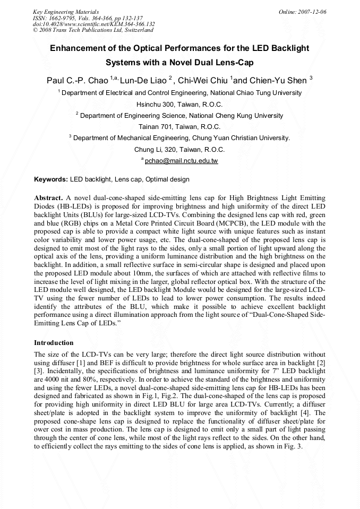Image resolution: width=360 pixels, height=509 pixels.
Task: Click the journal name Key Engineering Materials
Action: pyautogui.click(x=65, y=12)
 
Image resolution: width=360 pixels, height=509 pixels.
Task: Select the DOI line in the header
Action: pyautogui.click(x=93, y=24)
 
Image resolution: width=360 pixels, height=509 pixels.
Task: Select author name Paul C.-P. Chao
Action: pyautogui.click(x=77, y=81)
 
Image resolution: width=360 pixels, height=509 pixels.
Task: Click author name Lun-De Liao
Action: pyautogui.click(x=143, y=81)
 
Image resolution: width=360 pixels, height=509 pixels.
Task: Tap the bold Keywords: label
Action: pyautogui.click(x=51, y=179)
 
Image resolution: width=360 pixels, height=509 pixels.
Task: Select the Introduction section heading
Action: pyautogui.click(x=54, y=343)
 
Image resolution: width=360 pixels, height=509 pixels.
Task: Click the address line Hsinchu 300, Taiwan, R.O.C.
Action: pyautogui.click(x=179, y=104)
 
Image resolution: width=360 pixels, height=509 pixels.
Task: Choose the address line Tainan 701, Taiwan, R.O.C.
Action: pyautogui.click(x=179, y=127)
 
